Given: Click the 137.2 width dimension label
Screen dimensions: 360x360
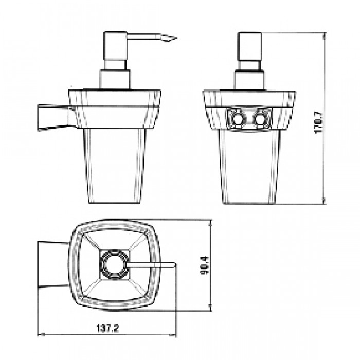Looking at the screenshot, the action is tap(107, 329).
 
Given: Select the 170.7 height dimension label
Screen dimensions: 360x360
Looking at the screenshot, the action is tap(319, 122).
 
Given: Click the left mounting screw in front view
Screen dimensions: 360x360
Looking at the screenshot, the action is tap(236, 119).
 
